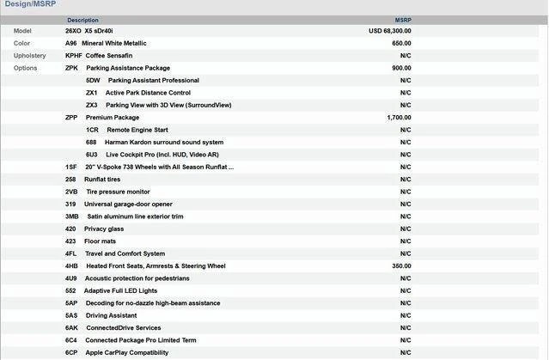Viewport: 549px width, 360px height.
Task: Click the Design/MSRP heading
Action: coord(28,5)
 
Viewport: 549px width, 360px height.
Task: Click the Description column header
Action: coord(82,20)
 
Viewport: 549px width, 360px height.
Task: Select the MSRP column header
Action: coord(403,20)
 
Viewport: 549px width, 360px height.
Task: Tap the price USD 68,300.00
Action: coord(390,30)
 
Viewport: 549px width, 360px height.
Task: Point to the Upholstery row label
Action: coord(30,55)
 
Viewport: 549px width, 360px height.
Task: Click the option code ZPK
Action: coord(72,68)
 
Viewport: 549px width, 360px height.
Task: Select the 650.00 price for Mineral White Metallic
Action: coord(401,43)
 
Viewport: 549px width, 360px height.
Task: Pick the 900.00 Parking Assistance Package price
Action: coord(401,68)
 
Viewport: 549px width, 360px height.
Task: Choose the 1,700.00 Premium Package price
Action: coord(400,117)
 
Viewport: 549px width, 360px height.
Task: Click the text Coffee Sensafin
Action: coord(112,55)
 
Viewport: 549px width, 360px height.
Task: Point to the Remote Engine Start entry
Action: coord(137,130)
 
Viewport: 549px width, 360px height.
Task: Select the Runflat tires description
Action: coord(102,180)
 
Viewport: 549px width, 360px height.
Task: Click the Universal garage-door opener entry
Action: coord(128,204)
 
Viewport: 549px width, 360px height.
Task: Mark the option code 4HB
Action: coord(71,266)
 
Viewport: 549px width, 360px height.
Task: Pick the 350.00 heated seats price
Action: coord(401,266)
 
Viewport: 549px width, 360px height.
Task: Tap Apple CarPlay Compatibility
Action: coord(126,353)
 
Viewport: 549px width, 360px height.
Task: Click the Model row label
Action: coord(22,30)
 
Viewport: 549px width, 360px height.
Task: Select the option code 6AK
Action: coord(71,328)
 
